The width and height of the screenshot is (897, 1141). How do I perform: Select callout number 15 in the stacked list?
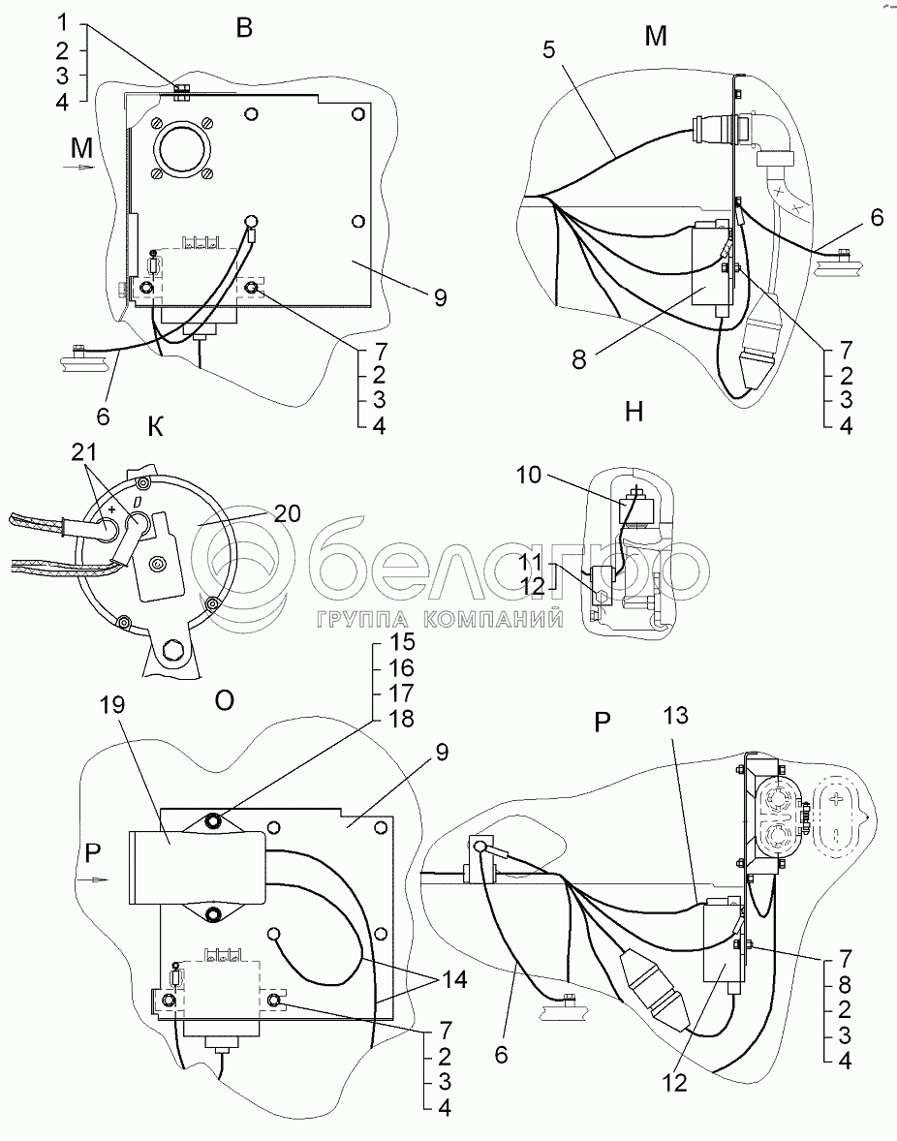pos(402,643)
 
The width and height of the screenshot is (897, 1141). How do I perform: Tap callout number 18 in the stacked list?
pos(402,719)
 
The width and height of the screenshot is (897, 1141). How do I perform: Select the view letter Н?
pos(634,413)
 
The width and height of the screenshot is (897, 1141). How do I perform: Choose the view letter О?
pos(224,700)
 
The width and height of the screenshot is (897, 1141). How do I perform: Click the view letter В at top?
pos(244,28)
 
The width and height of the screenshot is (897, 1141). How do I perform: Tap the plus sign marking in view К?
pos(113,509)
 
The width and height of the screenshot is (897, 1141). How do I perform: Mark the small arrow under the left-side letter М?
pos(82,168)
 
